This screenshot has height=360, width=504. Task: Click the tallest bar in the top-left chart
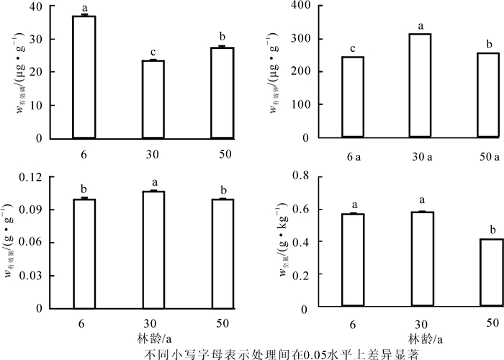tap(84, 76)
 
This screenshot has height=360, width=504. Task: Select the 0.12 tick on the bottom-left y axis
tap(32, 176)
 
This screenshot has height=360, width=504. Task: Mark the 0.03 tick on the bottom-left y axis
tap(32, 275)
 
